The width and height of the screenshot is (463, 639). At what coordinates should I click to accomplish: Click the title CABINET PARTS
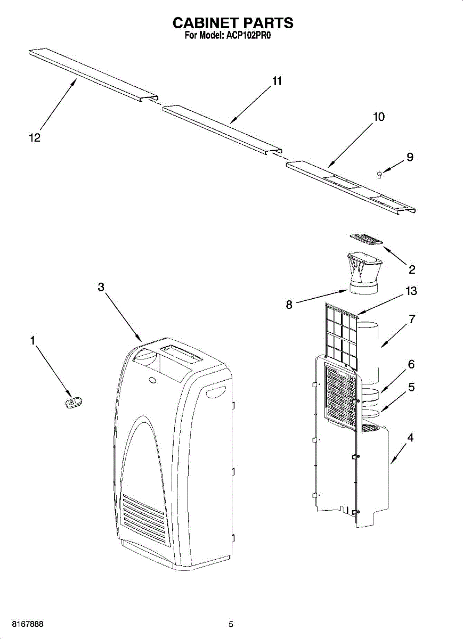point(232,23)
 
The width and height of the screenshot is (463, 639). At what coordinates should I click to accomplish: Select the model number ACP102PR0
point(249,37)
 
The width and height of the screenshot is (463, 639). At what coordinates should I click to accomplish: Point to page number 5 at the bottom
point(231,624)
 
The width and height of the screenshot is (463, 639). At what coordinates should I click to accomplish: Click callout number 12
point(35,138)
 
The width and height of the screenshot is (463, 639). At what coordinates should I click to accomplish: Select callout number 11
point(277,81)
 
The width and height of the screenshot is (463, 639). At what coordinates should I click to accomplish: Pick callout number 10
point(379,117)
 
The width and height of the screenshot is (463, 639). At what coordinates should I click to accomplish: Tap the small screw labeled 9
point(379,174)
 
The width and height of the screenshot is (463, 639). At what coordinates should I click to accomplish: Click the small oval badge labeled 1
point(73,403)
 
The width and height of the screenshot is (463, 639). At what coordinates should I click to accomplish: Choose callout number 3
point(101,287)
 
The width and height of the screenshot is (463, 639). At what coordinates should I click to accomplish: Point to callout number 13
point(411,291)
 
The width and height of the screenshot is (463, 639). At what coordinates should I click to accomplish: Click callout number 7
point(412,319)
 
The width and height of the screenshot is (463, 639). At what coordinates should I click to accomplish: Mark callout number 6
point(411,364)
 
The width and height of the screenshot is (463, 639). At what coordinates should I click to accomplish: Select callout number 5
point(411,387)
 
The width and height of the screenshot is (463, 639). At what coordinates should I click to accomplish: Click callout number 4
point(410,438)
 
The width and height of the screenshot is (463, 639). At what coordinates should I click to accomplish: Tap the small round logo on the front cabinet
point(152,380)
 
